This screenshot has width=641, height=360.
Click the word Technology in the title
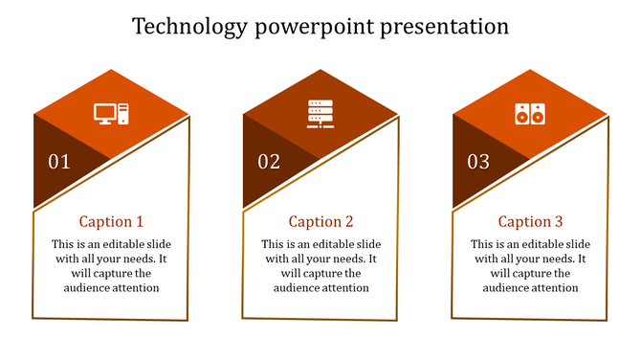[x=189, y=26]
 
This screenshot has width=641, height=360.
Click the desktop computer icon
[x=111, y=114]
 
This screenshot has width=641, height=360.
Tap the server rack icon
[x=320, y=114]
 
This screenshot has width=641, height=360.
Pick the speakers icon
[x=529, y=114]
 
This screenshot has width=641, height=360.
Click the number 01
[x=59, y=162]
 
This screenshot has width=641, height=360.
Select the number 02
[x=269, y=162]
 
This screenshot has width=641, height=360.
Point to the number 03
[x=478, y=162]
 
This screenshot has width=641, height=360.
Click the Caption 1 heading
[x=111, y=222]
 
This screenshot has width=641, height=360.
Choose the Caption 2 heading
[x=320, y=222]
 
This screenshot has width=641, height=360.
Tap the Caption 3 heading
[x=530, y=222]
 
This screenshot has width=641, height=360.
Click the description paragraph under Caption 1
[x=111, y=265]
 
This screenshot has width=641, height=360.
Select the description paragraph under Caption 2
[x=320, y=265]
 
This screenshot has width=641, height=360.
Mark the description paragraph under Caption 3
[x=530, y=265]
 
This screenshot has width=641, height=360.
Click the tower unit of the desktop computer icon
[x=123, y=114]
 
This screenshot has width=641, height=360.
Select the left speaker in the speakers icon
[x=521, y=114]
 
